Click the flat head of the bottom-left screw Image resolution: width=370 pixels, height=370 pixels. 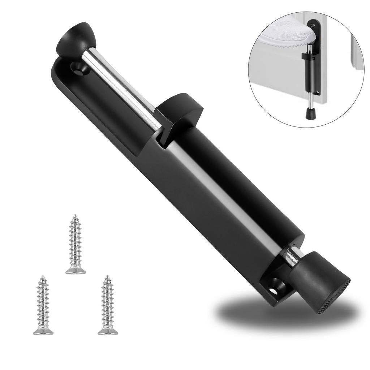[x=43, y=331]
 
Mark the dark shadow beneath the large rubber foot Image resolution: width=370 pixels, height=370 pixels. [x=275, y=311]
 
